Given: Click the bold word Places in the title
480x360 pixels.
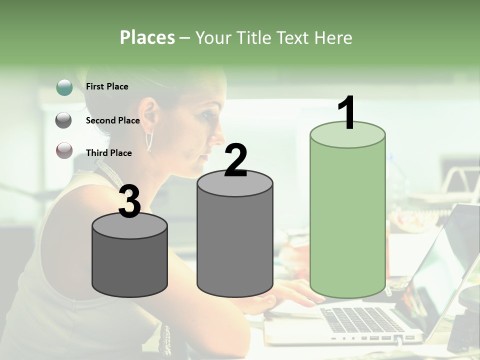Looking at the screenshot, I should pyautogui.click(x=147, y=37).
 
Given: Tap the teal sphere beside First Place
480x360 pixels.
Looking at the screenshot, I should pyautogui.click(x=64, y=87).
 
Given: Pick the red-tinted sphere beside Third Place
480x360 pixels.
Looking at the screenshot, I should pyautogui.click(x=64, y=150).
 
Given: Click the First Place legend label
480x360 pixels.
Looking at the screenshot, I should pyautogui.click(x=107, y=86).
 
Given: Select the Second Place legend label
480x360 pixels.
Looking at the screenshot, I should pyautogui.click(x=112, y=120).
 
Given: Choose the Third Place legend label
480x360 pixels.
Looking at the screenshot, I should pyautogui.click(x=108, y=153).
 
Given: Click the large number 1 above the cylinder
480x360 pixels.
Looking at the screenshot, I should pyautogui.click(x=346, y=113).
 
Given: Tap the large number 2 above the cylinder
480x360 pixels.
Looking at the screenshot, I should pyautogui.click(x=235, y=160).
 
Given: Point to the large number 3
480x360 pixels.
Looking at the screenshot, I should pyautogui.click(x=129, y=201).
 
